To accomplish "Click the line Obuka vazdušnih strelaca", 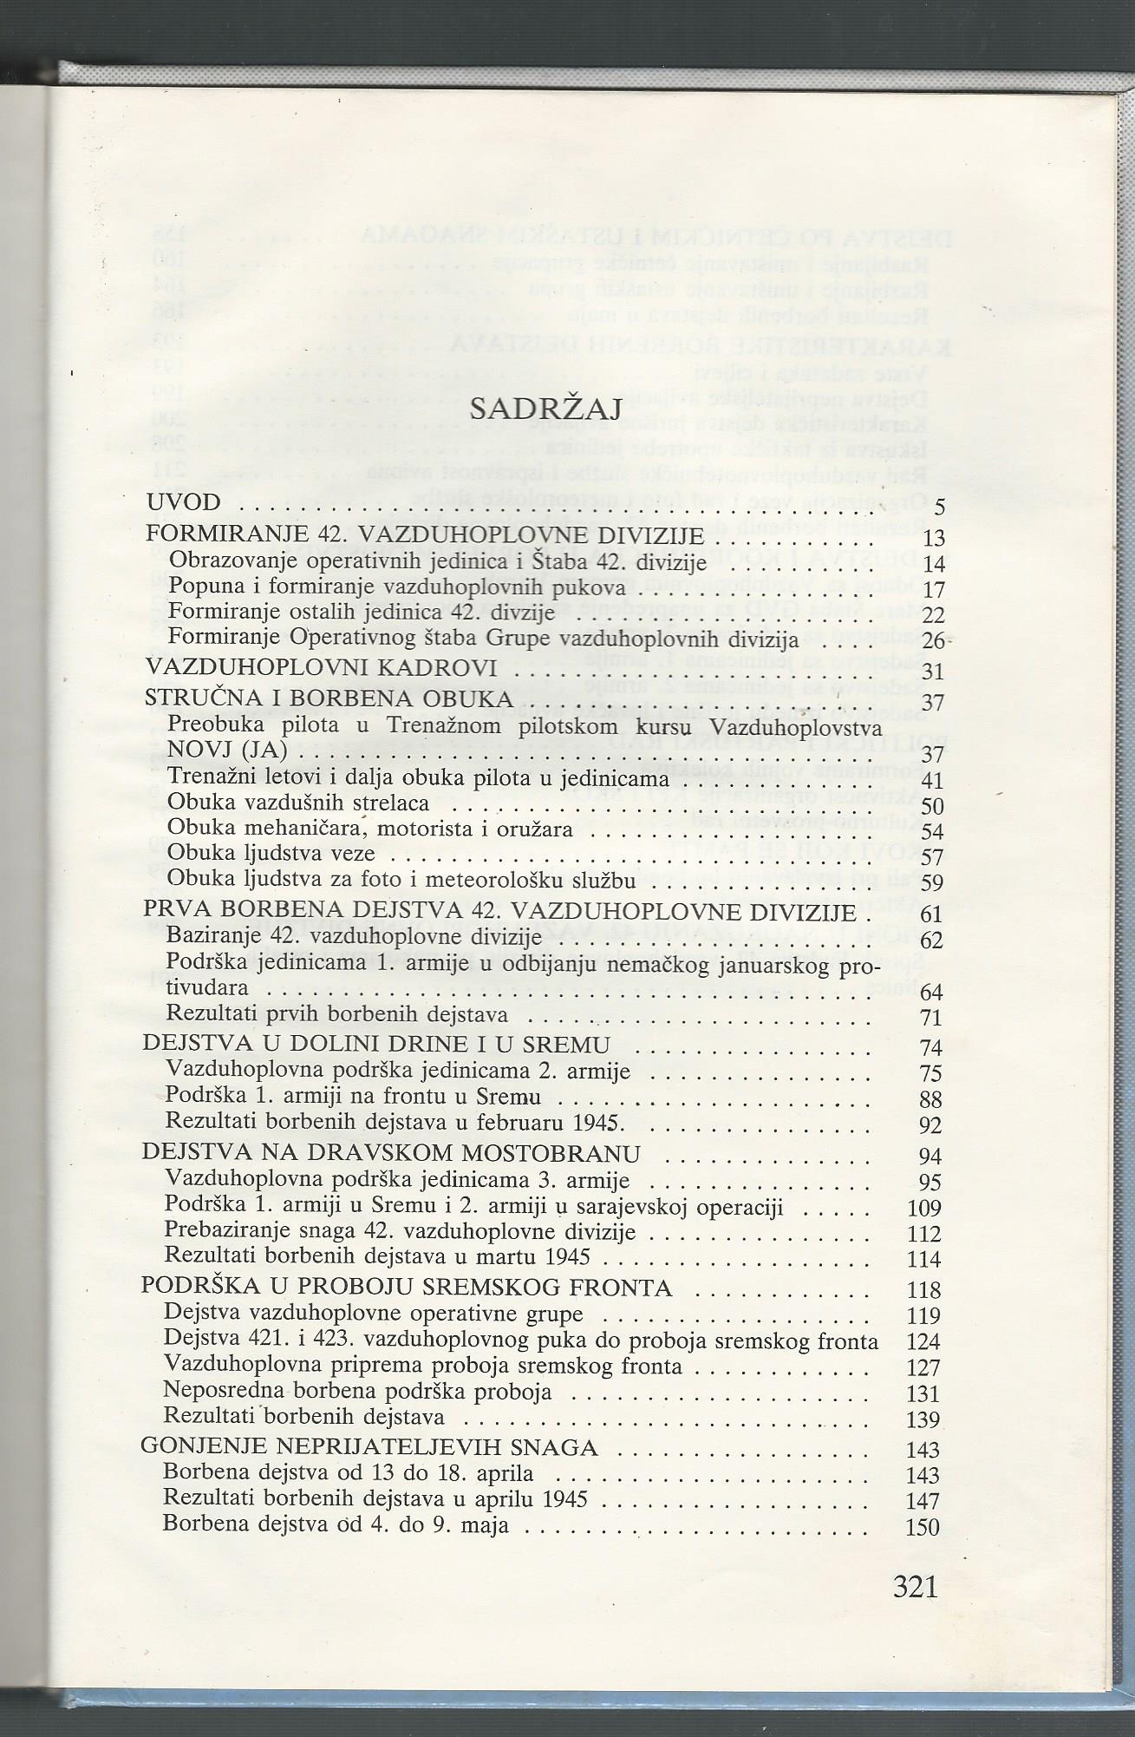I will point(299,803).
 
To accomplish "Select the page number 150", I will point(923,1527).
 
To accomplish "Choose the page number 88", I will point(930,1100).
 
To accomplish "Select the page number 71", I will point(930,1018).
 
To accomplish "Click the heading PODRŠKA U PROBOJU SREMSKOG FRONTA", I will point(407,1288).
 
